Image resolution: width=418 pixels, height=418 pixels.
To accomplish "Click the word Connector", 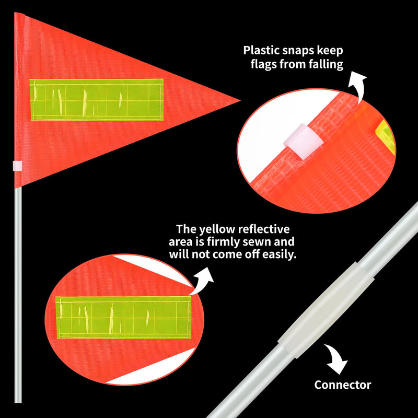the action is coord(343,385).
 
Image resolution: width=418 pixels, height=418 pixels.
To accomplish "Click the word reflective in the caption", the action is coord(264,229).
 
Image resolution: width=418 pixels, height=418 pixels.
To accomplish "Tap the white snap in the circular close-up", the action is coord(304,141).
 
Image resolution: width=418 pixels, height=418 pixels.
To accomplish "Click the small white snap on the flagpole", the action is coord(18,166).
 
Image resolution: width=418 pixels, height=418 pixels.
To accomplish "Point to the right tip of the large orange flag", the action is coord(240,100).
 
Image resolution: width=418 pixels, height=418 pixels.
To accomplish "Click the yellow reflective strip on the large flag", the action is coord(96,100).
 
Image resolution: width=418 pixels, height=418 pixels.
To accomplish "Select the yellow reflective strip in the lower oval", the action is coord(123,317).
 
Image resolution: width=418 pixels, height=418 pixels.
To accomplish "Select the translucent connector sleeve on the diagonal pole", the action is coord(326,310).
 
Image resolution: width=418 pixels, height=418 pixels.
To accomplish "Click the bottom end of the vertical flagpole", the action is coord(18,402).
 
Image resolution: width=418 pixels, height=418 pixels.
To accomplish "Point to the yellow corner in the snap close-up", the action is coord(386,136).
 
